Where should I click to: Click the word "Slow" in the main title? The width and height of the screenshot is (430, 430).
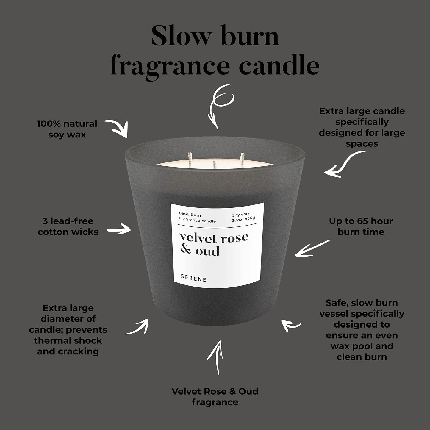point(181,35)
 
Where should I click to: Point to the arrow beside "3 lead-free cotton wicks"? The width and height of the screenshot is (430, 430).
point(119,229)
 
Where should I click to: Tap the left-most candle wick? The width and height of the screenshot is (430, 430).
point(190,160)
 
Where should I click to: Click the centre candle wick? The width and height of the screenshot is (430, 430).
point(215,165)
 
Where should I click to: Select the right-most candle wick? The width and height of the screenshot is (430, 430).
point(242,160)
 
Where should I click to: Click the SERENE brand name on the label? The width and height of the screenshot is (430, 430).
point(193,279)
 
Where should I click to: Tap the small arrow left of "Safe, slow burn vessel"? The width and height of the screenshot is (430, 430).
point(290,326)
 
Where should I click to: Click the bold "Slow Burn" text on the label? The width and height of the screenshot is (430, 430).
point(190,215)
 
